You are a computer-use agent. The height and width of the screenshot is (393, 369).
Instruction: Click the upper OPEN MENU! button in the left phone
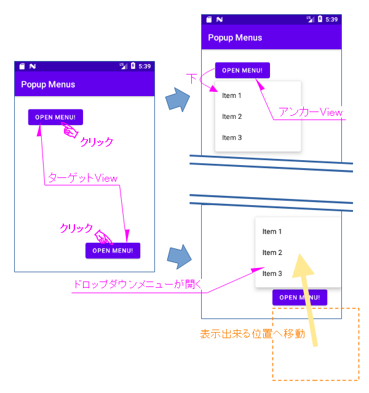coord(55,117)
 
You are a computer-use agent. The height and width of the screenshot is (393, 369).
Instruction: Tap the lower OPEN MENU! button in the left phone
coord(113,251)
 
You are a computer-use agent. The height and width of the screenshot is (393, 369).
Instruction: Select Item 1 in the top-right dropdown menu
coord(232,95)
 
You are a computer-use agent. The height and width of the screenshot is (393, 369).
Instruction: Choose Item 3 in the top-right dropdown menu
coord(232,137)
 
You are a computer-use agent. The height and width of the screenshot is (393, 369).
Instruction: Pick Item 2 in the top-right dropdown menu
coord(232,116)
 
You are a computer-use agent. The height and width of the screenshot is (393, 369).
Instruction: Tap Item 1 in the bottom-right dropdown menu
coord(272,232)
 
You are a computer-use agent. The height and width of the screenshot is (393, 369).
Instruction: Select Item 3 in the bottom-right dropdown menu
coord(272,273)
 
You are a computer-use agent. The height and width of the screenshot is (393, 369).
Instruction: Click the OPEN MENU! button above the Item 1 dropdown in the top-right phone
coord(242,70)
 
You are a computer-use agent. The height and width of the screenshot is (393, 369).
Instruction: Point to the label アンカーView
coord(311,112)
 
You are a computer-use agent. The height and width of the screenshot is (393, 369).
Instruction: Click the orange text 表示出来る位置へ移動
coord(253,334)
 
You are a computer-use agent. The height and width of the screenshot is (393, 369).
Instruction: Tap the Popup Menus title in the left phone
coord(48,84)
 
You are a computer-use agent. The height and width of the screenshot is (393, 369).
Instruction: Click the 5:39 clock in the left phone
coord(145,66)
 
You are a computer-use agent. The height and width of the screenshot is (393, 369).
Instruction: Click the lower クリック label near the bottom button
coord(76,228)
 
